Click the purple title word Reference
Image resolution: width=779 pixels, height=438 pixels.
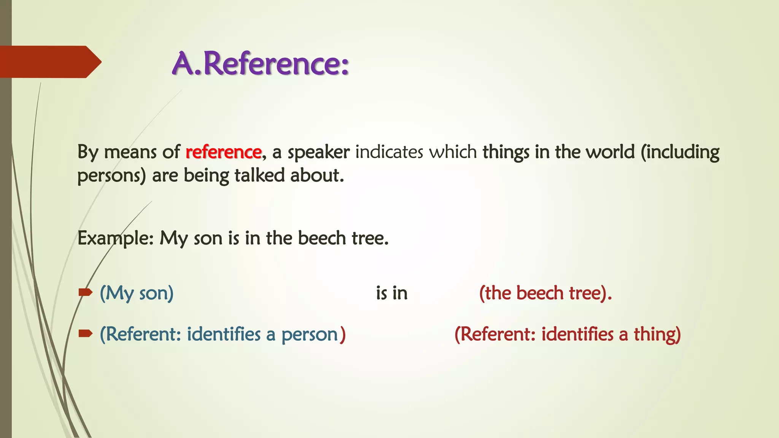tap(276, 63)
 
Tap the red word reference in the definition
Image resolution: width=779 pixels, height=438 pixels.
tap(224, 152)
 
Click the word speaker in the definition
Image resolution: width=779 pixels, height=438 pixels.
tap(318, 152)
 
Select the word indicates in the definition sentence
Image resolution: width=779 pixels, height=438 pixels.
tap(389, 152)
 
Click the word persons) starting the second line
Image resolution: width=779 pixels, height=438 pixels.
tap(111, 176)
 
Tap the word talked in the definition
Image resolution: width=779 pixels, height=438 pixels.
tap(259, 176)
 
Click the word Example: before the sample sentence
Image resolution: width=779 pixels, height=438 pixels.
tap(115, 239)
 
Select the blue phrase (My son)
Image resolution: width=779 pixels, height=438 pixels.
tap(137, 294)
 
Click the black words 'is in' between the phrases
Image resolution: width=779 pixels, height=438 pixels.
tap(392, 294)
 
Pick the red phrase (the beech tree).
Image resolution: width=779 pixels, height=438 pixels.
tap(545, 294)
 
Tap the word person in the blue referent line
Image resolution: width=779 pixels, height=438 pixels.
tap(310, 335)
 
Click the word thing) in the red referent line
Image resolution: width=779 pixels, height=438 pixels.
tap(657, 335)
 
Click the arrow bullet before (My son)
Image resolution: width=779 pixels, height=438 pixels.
tap(85, 292)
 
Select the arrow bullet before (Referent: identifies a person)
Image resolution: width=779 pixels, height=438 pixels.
tap(85, 334)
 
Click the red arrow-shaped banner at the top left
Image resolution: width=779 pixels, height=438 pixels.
tap(49, 62)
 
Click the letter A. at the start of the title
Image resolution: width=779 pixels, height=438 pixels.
tap(186, 63)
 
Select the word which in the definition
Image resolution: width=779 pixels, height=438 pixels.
tap(453, 152)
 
